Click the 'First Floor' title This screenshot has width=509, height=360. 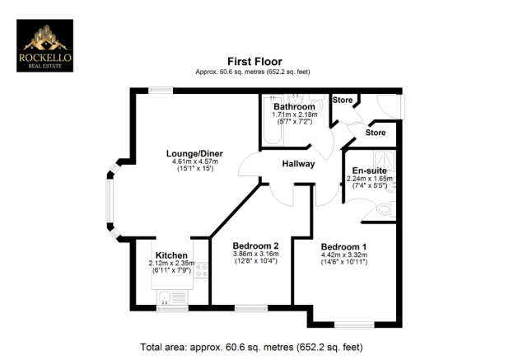coord(254,61)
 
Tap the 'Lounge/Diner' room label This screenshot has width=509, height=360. coord(195,152)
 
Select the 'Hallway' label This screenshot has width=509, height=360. coord(298,164)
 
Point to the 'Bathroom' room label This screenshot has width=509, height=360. coord(294,107)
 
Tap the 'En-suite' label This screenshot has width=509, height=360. coord(368,170)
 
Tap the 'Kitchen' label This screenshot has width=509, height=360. coord(171,255)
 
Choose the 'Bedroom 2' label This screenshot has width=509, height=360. coord(255,245)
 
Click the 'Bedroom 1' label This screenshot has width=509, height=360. coord(344,246)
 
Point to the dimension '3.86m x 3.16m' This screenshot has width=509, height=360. coord(255,254)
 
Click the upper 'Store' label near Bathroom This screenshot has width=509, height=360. coord(343,101)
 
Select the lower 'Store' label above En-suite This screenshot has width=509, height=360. coord(376,132)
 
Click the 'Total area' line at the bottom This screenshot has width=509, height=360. coord(254,347)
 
